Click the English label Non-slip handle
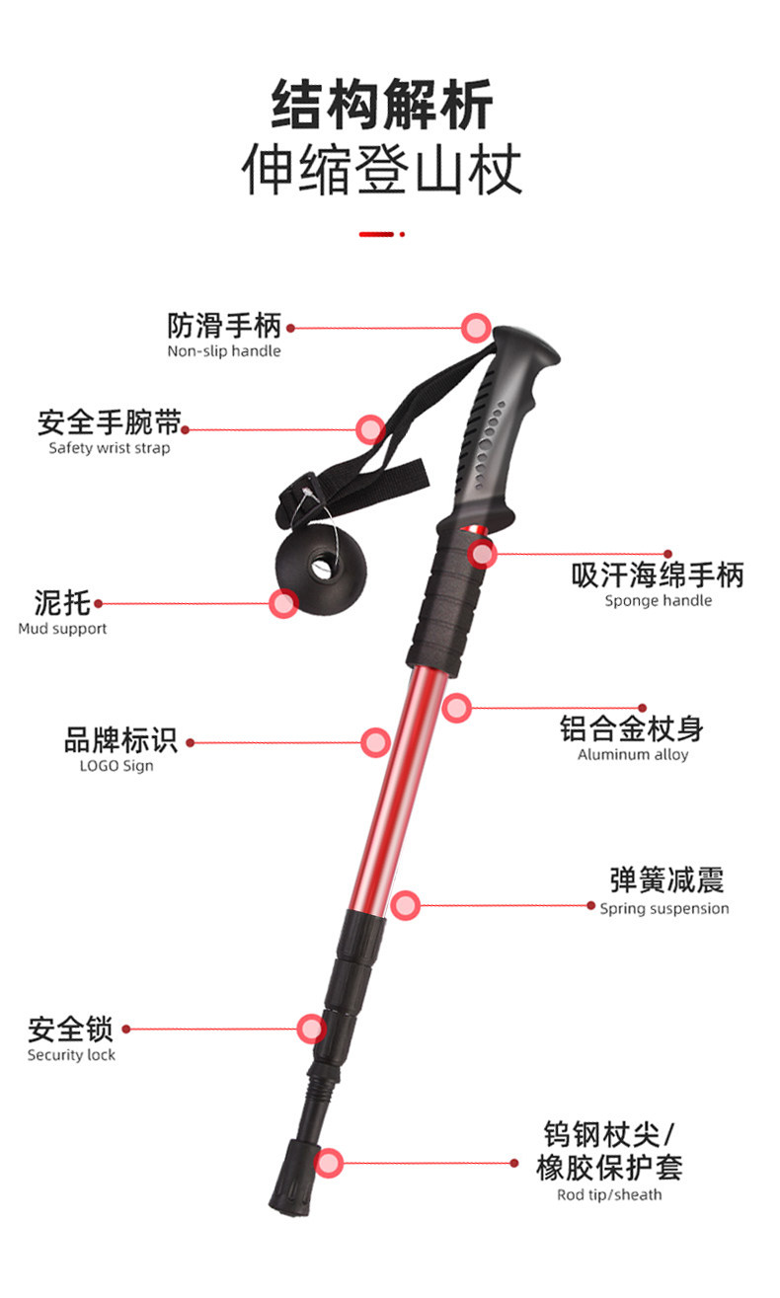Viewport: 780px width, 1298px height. click(x=223, y=351)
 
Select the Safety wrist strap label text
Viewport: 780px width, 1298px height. click(x=109, y=448)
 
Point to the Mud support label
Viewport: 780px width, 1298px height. click(x=62, y=629)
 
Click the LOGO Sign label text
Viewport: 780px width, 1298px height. click(x=117, y=766)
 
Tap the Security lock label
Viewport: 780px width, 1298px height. click(x=71, y=1055)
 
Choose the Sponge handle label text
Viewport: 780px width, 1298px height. click(x=658, y=600)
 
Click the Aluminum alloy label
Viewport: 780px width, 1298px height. click(x=633, y=755)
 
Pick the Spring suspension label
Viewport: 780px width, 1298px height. click(x=664, y=908)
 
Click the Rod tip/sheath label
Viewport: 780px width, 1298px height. click(x=609, y=1195)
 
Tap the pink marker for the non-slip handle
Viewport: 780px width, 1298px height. click(x=477, y=327)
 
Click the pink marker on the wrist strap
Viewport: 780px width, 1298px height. click(x=370, y=429)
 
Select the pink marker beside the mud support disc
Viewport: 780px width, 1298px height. click(x=283, y=603)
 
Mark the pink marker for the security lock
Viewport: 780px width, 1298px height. click(x=311, y=1029)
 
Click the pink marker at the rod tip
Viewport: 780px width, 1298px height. click(x=329, y=1163)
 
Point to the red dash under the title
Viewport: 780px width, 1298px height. click(x=377, y=234)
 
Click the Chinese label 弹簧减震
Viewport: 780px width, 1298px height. click(x=666, y=879)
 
